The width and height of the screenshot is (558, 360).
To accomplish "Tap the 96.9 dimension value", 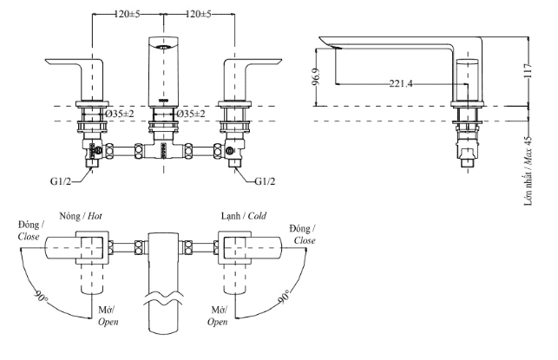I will coord(325,77).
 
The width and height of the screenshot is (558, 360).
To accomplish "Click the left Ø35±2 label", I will coord(120,115).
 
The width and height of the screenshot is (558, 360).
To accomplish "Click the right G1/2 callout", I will coord(266,180).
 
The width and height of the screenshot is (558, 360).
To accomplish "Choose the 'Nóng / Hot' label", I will coord(82,214).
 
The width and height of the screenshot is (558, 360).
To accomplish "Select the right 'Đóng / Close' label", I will coord(304,234).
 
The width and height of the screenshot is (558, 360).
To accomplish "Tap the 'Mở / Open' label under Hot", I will coord(108,315).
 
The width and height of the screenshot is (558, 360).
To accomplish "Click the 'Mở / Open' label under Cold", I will coord(220,315).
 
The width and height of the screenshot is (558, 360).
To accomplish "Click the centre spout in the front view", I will coord(164,69).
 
